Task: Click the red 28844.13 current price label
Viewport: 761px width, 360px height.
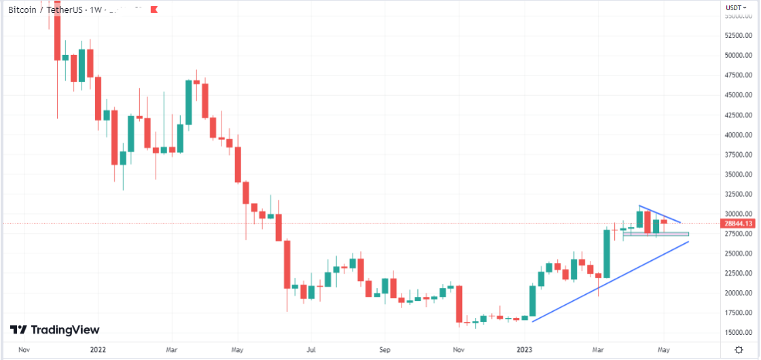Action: (738, 223)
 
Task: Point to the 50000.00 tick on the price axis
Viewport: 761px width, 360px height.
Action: (738, 55)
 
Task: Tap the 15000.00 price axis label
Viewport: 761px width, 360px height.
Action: (738, 333)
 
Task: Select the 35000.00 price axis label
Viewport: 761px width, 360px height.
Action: (738, 175)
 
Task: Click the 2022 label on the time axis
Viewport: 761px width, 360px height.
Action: (98, 350)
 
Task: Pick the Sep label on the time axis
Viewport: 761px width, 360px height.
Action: (385, 350)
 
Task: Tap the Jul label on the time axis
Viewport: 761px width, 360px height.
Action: (311, 350)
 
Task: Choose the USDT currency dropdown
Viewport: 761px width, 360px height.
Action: (737, 7)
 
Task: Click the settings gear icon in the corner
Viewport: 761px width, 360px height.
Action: (739, 350)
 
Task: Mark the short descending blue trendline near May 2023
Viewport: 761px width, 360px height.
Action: (660, 214)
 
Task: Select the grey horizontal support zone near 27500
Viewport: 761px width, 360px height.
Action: (656, 234)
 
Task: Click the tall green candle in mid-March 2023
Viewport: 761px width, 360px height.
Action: (607, 253)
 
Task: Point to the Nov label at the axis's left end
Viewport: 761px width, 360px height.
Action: (24, 350)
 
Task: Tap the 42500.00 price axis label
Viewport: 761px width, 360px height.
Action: (738, 115)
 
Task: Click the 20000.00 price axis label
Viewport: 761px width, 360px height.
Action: (738, 293)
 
